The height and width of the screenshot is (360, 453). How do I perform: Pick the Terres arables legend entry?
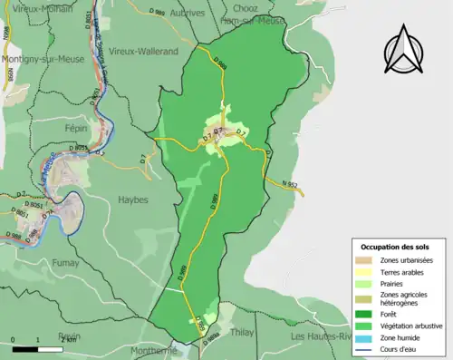(x=400, y=273)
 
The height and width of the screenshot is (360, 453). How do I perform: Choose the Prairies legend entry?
(x=392, y=285)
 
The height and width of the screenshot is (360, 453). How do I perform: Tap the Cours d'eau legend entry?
(x=399, y=348)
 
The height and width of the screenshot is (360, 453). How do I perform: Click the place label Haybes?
(x=132, y=199)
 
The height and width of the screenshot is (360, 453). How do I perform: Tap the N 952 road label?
(x=291, y=185)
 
